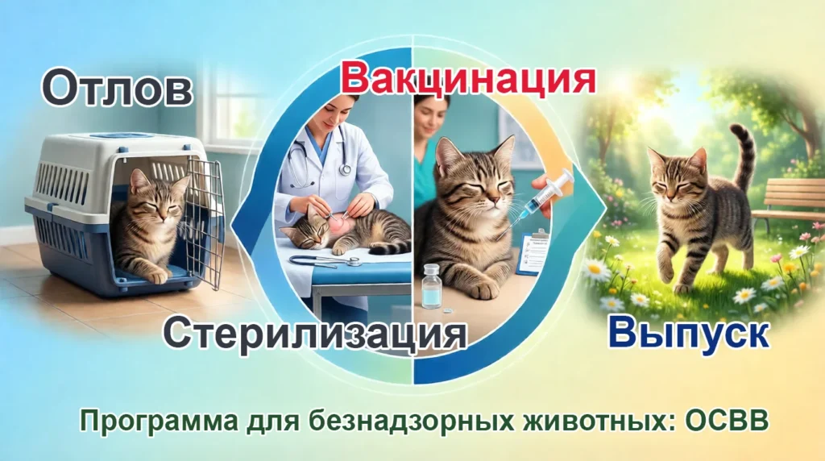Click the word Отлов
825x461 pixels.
(x=117, y=89)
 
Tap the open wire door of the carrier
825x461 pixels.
(x=205, y=222)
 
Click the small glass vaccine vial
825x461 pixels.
(x=433, y=285)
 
